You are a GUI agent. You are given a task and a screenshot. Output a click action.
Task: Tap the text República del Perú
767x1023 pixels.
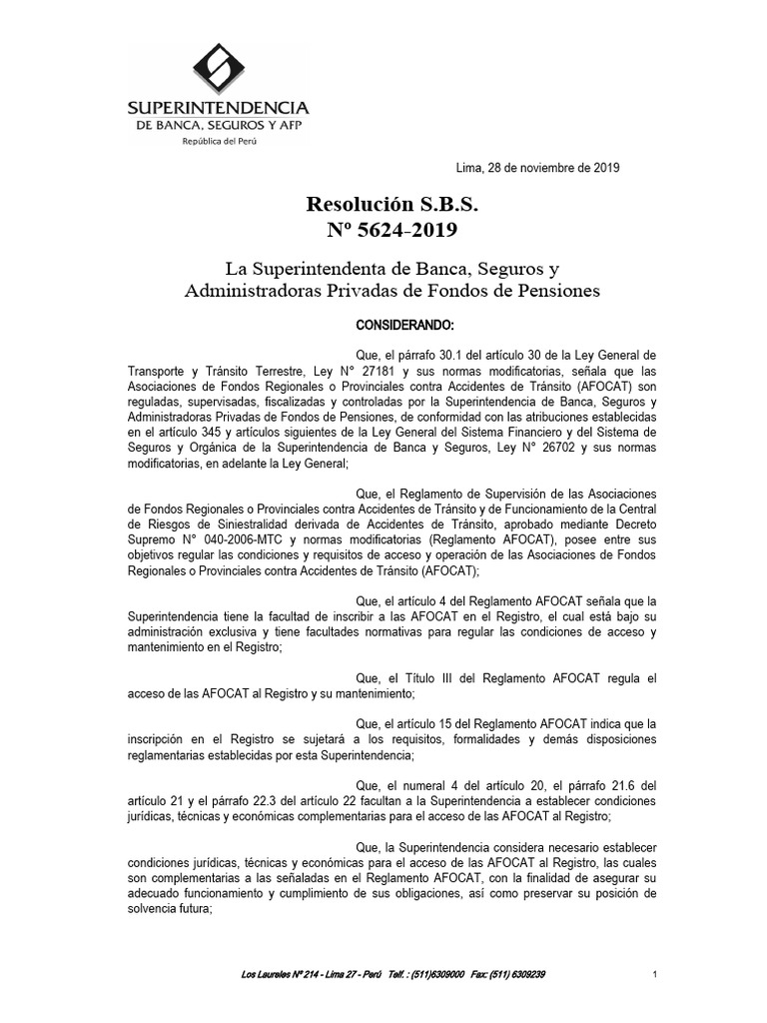[x=216, y=141]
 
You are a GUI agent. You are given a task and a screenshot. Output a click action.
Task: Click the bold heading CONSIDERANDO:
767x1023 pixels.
[x=405, y=326]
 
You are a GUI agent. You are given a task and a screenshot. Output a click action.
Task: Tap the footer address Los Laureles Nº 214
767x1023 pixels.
[x=283, y=974]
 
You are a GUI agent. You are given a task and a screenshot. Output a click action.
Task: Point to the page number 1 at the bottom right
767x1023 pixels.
[x=652, y=974]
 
